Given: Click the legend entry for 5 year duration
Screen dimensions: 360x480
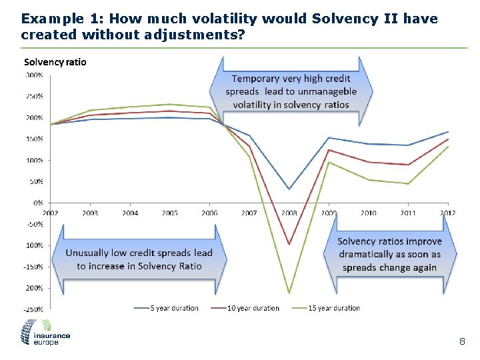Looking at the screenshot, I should tap(174, 308).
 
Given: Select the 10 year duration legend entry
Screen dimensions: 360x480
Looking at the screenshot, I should tap(253, 308).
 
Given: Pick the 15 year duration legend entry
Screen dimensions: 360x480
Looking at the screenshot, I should tap(334, 308).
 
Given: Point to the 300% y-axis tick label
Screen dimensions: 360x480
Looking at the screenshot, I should tap(35, 75).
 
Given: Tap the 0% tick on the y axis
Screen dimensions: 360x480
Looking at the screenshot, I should tap(39, 202).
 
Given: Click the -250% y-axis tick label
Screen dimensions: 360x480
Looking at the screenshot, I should tap(34, 309).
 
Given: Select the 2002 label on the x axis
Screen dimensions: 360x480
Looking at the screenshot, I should tap(51, 213).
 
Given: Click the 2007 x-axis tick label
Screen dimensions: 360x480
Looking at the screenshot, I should tap(249, 213).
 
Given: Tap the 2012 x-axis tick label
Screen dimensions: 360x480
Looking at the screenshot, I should tap(448, 213).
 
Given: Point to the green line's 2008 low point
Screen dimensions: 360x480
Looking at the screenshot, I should tap(289, 293).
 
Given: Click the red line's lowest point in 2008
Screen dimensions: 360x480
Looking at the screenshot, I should tap(289, 245).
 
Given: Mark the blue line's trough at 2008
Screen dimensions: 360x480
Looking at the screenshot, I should tap(289, 189).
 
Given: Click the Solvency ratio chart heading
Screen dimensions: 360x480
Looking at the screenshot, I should tap(55, 62).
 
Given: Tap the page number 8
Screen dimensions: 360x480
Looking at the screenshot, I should tap(461, 341).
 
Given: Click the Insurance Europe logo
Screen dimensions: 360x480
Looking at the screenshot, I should tap(46, 331).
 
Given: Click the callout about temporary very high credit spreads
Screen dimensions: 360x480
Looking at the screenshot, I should tap(291, 91).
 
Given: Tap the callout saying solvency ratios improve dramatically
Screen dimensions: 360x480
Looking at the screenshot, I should tap(389, 254).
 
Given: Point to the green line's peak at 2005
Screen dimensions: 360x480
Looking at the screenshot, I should tap(170, 104).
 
